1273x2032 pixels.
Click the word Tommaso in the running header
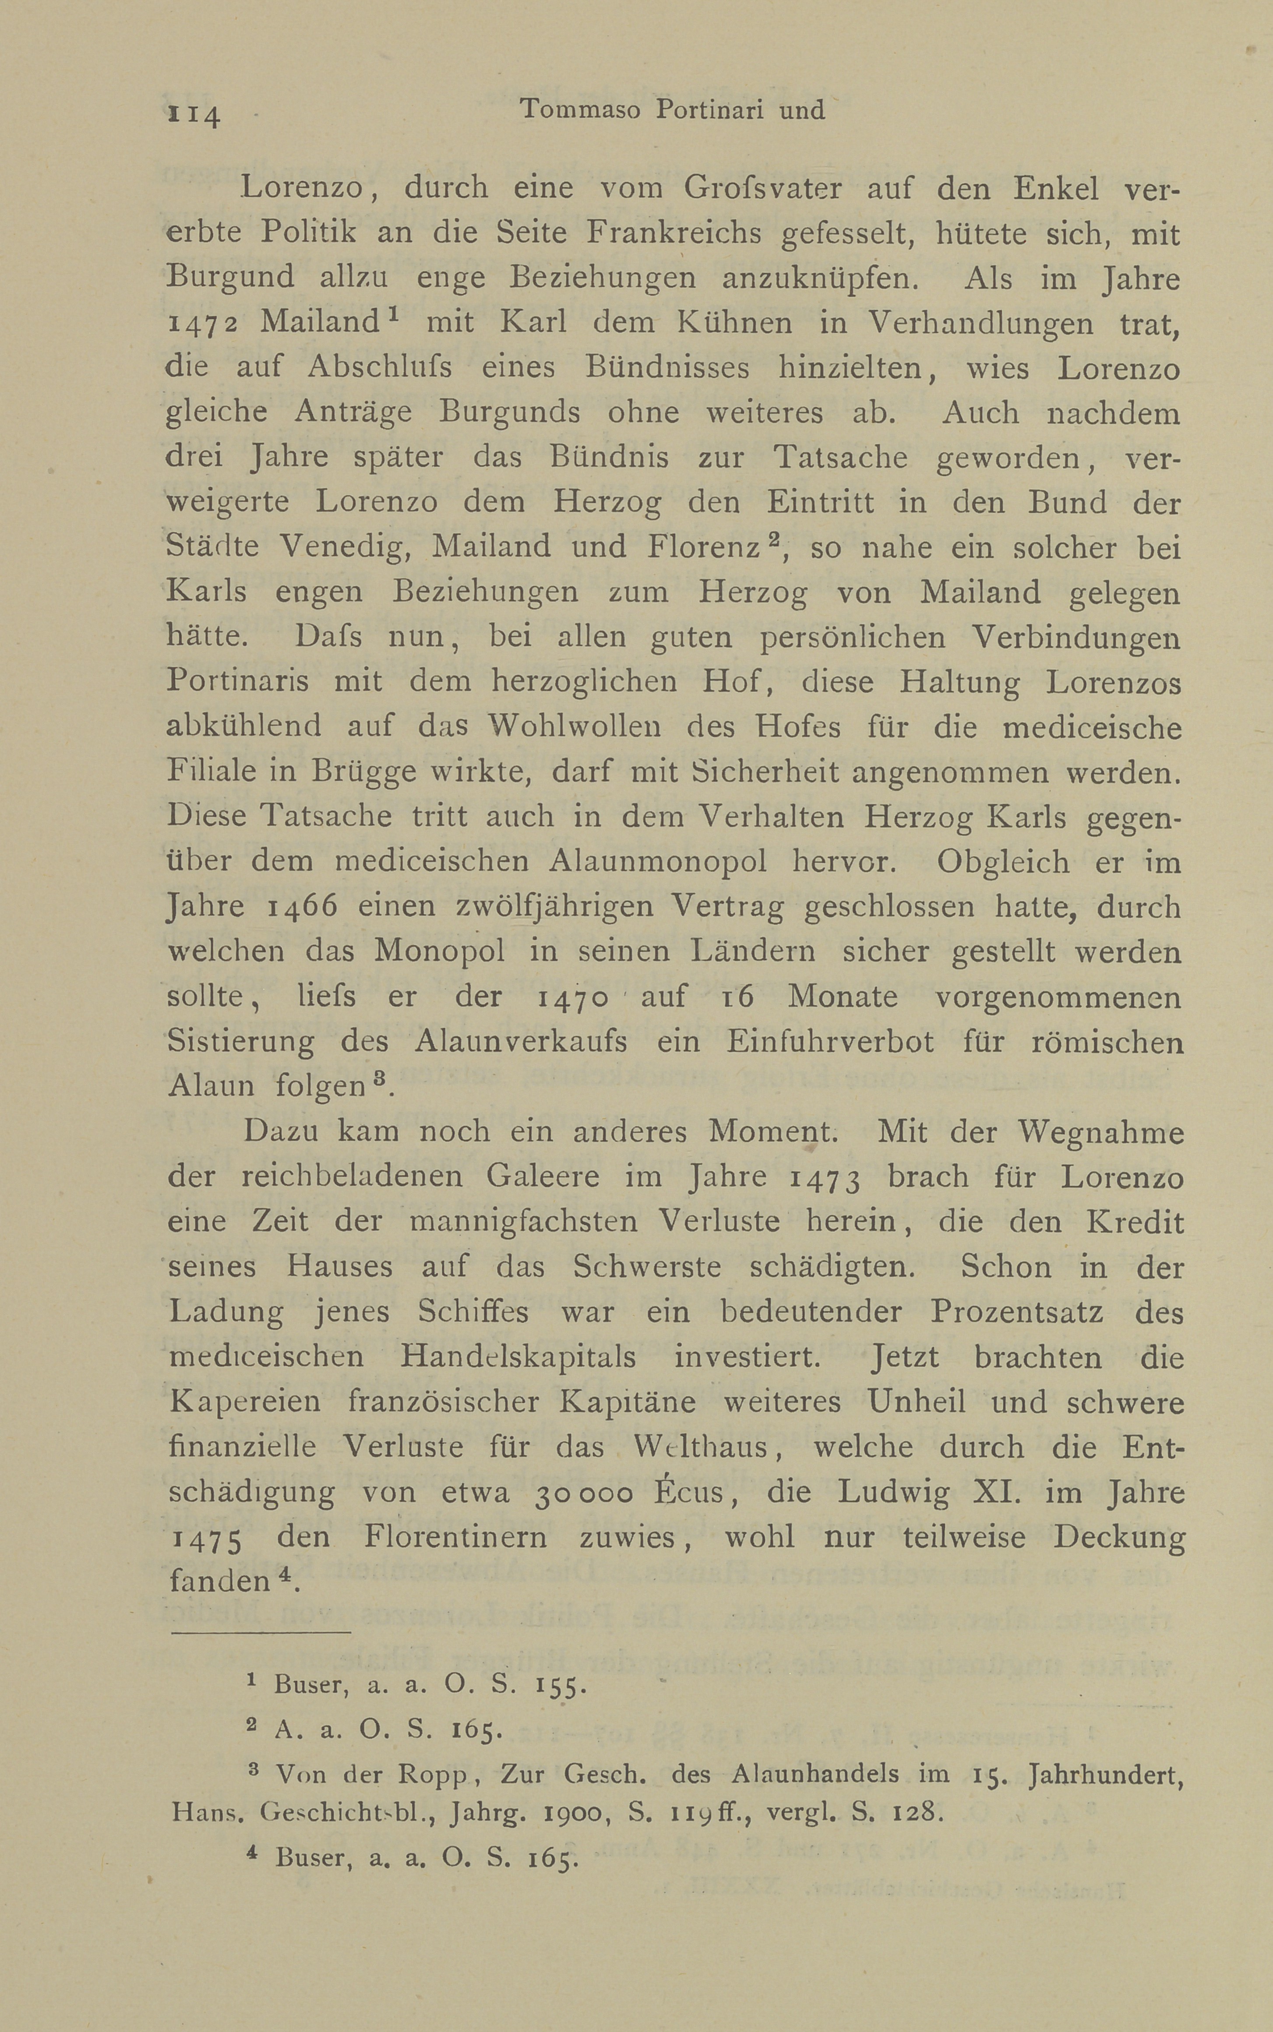[581, 109]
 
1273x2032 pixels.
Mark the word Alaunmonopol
[658, 861]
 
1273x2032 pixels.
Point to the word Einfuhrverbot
[830, 1042]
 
